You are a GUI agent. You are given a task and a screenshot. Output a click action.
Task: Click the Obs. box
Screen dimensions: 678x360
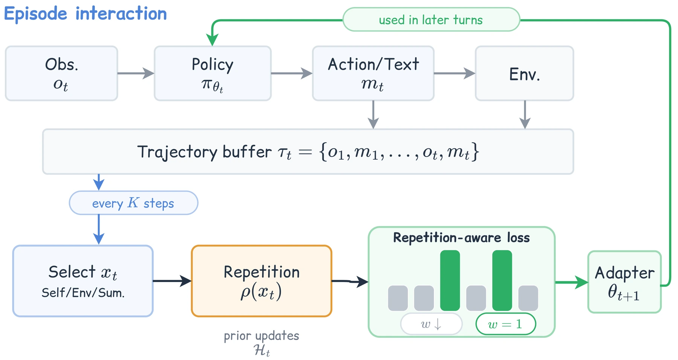61,73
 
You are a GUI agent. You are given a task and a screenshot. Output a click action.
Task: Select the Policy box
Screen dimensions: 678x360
212,73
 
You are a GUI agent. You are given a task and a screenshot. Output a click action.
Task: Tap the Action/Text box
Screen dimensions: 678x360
373,73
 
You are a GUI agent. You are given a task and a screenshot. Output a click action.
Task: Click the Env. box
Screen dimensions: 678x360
524,73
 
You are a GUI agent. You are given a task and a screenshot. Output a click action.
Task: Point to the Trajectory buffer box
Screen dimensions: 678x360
308,152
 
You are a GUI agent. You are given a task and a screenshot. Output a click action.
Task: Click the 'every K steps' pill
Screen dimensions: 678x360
133,203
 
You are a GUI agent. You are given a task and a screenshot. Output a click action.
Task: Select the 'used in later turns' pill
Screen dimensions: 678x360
431,20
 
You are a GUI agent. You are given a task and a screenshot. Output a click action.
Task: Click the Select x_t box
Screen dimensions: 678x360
83,281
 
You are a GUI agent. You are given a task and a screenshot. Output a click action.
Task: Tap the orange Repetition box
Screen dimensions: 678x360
261,281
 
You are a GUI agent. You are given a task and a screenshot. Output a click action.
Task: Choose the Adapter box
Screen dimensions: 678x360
624,282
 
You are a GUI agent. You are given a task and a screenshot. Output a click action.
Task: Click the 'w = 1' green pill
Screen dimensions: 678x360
505,324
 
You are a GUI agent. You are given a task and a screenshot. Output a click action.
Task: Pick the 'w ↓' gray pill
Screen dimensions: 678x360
431,324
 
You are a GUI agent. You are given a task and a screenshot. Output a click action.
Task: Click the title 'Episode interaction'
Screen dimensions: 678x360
86,14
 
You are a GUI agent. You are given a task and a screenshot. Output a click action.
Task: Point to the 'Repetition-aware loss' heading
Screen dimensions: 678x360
461,238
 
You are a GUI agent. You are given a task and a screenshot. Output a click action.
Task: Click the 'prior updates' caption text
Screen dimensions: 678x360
261,336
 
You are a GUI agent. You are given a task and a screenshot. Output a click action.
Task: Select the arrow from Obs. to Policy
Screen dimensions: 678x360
136,73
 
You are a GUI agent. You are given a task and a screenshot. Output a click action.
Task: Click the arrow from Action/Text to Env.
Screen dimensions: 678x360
455,73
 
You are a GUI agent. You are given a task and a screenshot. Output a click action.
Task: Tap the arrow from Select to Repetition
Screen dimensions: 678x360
173,281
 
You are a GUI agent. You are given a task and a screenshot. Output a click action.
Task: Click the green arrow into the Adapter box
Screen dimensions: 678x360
571,282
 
